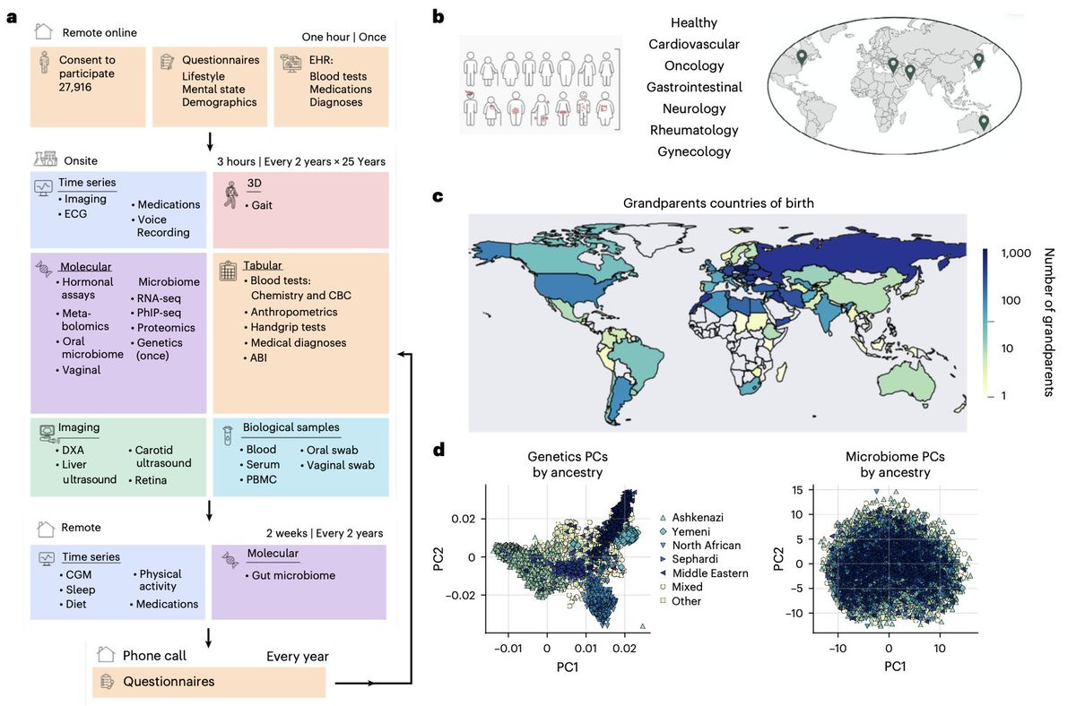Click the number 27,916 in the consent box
[75, 87]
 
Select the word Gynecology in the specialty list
[694, 151]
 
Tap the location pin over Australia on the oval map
[984, 123]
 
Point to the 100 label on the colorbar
[1011, 301]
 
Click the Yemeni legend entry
[685, 532]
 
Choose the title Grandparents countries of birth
[718, 203]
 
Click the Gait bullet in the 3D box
[258, 205]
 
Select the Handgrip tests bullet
[285, 327]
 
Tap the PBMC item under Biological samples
[258, 479]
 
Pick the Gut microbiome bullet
[291, 575]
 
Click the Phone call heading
[154, 656]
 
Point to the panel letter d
[438, 450]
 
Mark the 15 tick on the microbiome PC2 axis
[797, 490]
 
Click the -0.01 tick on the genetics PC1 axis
[508, 649]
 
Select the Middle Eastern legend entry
[704, 573]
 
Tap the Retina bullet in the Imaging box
[148, 480]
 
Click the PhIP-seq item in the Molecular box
[156, 313]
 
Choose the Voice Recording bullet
[161, 226]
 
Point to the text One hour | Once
[344, 37]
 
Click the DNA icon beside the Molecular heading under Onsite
[44, 269]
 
